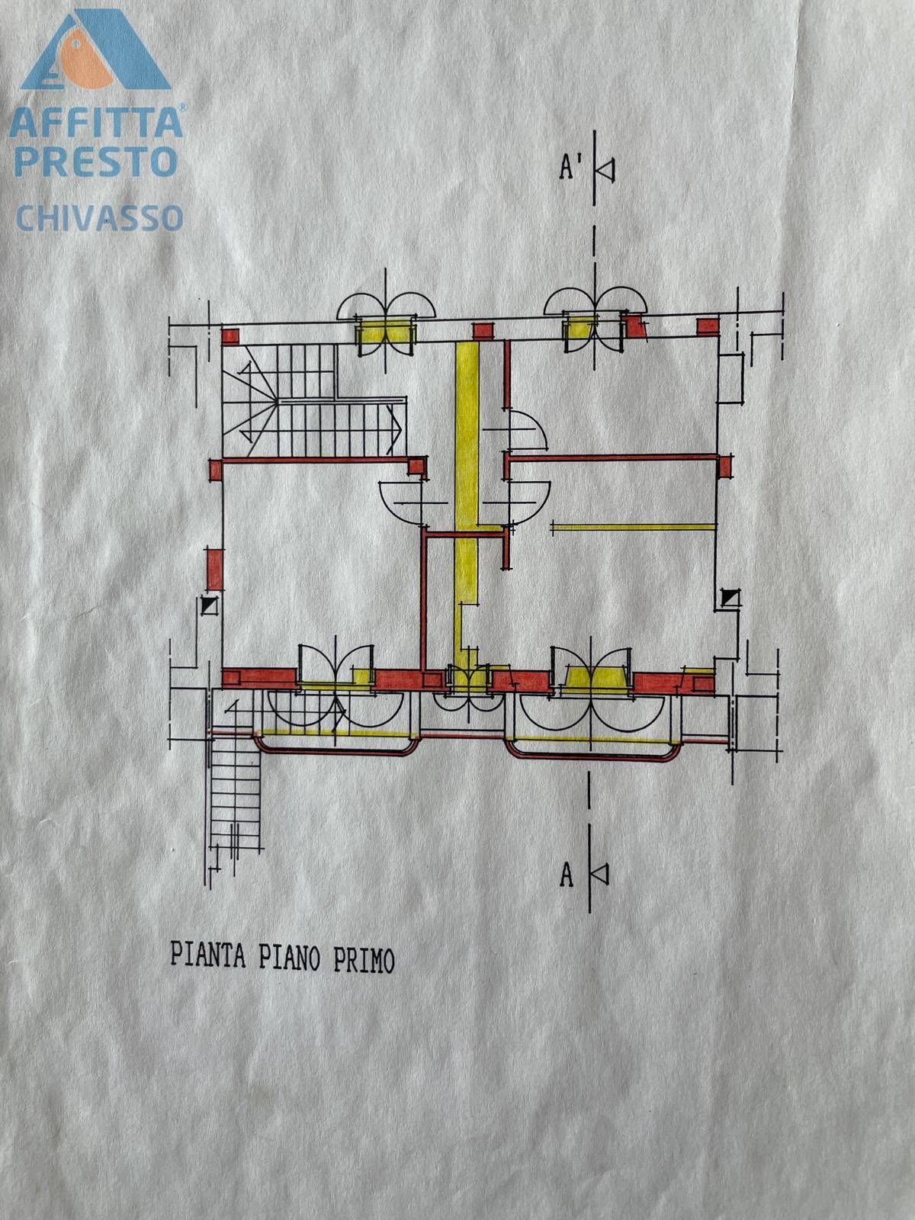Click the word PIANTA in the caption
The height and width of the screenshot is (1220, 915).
207,955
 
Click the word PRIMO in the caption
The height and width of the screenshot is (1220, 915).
364,959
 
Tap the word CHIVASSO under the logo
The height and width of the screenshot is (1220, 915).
99,218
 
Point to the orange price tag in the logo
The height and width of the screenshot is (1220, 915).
86,61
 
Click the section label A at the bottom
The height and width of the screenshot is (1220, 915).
567,875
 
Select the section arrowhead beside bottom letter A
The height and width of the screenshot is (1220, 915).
600,874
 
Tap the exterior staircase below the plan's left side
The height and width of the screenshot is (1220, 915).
236,793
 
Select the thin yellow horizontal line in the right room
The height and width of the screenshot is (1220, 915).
632,526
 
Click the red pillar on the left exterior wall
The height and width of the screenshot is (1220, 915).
215,569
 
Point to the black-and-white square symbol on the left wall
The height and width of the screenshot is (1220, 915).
208,605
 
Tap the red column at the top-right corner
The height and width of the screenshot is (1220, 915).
707,326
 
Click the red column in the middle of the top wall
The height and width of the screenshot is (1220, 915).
481,331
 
